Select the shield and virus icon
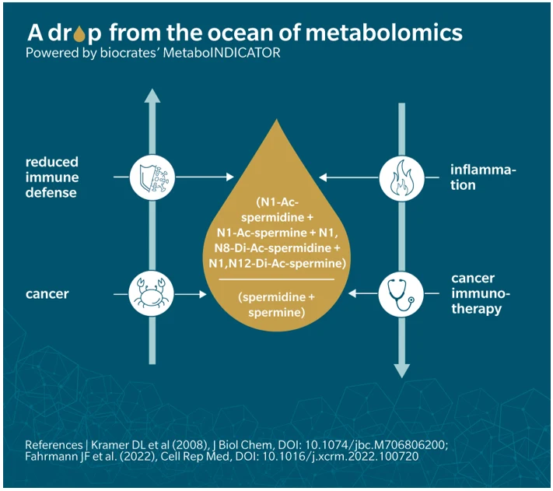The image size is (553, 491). (152, 177)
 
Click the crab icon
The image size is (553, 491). (152, 294)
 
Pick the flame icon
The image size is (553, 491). (401, 177)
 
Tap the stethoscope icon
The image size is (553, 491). (401, 294)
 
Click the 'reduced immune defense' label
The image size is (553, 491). (51, 177)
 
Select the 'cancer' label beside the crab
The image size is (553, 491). (47, 294)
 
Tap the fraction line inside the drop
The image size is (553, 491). (276, 279)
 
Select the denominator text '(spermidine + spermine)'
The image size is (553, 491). (276, 305)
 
